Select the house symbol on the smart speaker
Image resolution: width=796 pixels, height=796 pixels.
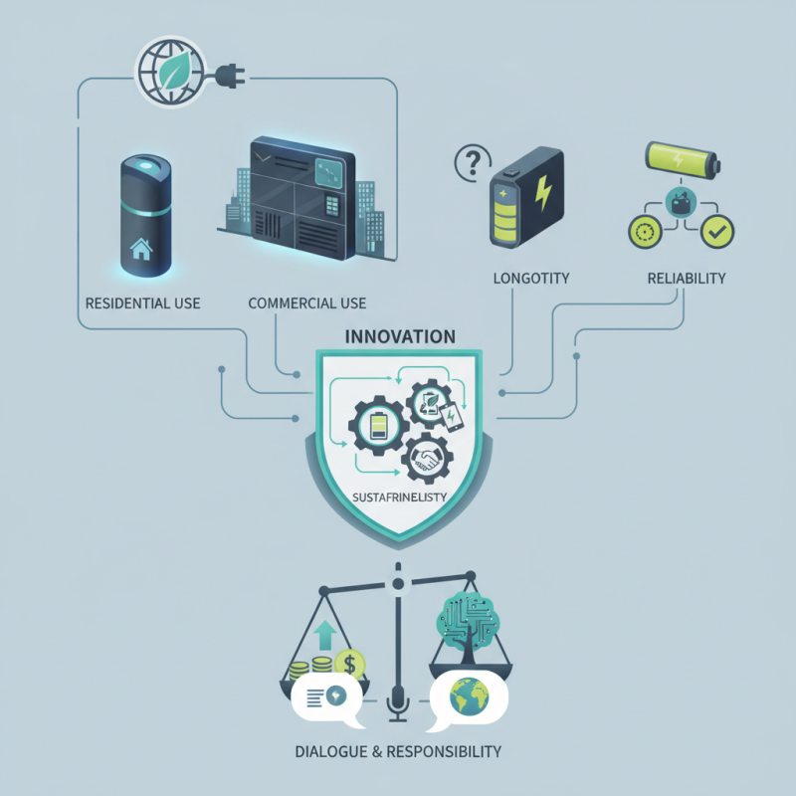tap(140, 250)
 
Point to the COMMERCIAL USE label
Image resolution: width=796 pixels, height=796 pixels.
tap(306, 302)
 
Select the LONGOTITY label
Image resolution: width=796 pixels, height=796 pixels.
tap(531, 279)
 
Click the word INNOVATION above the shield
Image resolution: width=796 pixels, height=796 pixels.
tap(399, 336)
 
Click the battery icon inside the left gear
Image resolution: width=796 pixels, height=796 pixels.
tap(379, 428)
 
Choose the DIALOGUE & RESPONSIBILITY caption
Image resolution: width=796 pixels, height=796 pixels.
tap(398, 750)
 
